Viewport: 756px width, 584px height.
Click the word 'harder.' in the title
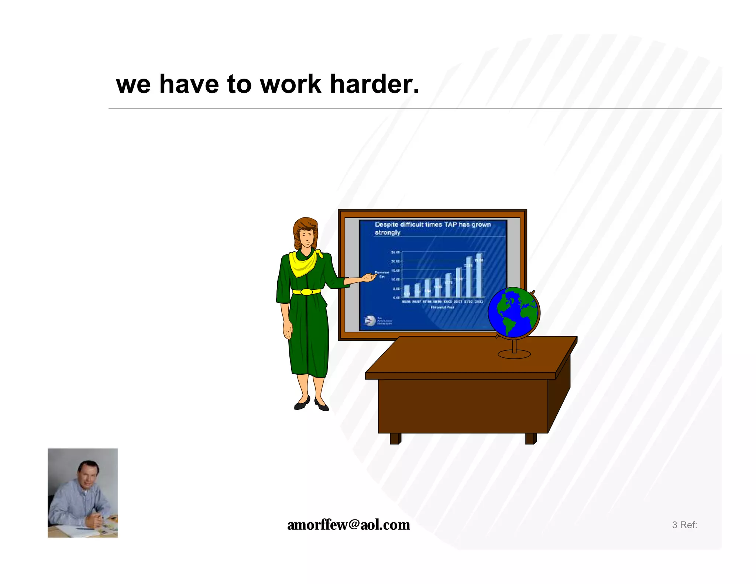tap(374, 84)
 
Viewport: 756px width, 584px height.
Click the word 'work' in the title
tap(290, 84)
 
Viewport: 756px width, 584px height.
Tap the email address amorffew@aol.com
tap(348, 525)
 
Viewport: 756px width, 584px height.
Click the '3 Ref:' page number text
tap(684, 525)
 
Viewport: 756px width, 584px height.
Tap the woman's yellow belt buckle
tap(306, 292)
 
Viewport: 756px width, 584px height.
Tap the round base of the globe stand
tap(514, 355)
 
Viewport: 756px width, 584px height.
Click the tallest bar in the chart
tap(479, 275)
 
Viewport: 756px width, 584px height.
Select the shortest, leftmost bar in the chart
tap(406, 291)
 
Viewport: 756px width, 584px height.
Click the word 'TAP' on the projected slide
tap(450, 224)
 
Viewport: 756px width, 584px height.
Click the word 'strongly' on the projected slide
tap(387, 233)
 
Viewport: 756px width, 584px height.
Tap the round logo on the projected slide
tap(370, 321)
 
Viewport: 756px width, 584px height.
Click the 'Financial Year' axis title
tap(442, 307)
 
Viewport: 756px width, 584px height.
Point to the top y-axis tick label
tap(395, 253)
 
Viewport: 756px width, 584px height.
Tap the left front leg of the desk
tap(395, 439)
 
